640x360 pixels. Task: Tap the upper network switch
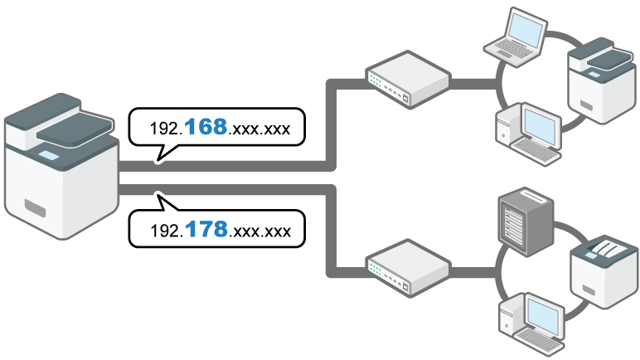[x=407, y=80]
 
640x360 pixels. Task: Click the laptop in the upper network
[x=518, y=33]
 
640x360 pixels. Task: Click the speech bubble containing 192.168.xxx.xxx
[x=217, y=129]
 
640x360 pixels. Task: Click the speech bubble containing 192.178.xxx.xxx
[x=217, y=229]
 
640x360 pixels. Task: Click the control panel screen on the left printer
[x=47, y=154]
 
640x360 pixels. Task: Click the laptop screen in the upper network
[x=525, y=28]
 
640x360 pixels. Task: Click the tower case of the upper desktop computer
[x=507, y=129]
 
